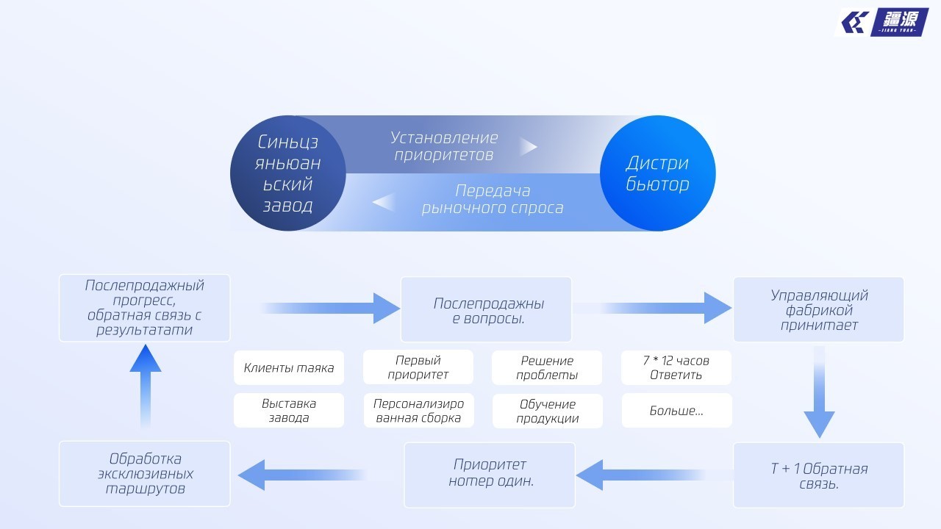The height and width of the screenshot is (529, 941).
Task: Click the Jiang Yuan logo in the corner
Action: coord(885,23)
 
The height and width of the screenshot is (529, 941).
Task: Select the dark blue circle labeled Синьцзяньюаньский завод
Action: coord(288,173)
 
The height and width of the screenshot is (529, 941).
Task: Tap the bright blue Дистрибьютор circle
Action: coord(657,173)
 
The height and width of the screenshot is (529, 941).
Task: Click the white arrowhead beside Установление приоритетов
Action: coord(529,147)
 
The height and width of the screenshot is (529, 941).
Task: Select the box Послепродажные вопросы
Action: coord(486,310)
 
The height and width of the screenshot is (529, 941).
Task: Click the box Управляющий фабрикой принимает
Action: coord(818,310)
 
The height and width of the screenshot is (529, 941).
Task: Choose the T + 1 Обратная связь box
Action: coord(818,475)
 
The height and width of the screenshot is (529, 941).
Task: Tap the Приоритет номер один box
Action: coord(490,475)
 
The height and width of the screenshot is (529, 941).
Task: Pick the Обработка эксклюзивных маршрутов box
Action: coord(145,473)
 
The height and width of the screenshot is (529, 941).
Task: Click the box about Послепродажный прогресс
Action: coord(145,308)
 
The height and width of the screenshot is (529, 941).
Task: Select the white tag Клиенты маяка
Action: coord(289,368)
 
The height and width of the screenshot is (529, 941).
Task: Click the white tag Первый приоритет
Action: coord(418,367)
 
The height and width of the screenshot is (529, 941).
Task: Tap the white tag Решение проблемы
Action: coord(547,367)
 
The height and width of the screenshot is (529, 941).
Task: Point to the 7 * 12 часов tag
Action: coord(676,367)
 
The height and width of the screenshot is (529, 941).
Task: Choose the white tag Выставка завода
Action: coord(289,411)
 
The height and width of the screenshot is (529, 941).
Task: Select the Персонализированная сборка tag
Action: coord(418,411)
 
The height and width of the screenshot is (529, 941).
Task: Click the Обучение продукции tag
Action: coord(548,411)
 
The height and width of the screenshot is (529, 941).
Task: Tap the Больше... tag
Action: coord(676,411)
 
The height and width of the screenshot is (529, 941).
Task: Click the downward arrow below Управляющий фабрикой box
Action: coord(819,393)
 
